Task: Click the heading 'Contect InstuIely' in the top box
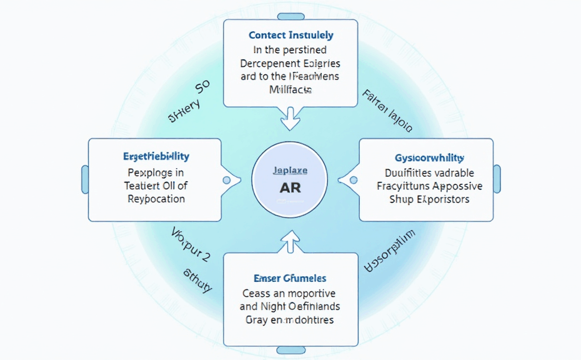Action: (x=290, y=36)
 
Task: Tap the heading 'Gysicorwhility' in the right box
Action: (x=429, y=158)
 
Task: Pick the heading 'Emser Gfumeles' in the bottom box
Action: (x=290, y=278)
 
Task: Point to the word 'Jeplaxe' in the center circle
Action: (x=290, y=170)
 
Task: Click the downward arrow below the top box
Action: (x=290, y=119)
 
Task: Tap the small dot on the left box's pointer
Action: (x=227, y=180)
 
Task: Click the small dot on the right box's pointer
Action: (x=354, y=180)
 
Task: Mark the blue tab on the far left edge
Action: (x=85, y=179)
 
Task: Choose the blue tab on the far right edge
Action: (x=497, y=179)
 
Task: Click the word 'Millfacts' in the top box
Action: (x=290, y=90)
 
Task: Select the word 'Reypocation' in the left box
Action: (x=156, y=199)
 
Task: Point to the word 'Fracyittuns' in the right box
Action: (x=404, y=186)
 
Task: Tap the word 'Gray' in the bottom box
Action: (x=256, y=320)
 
